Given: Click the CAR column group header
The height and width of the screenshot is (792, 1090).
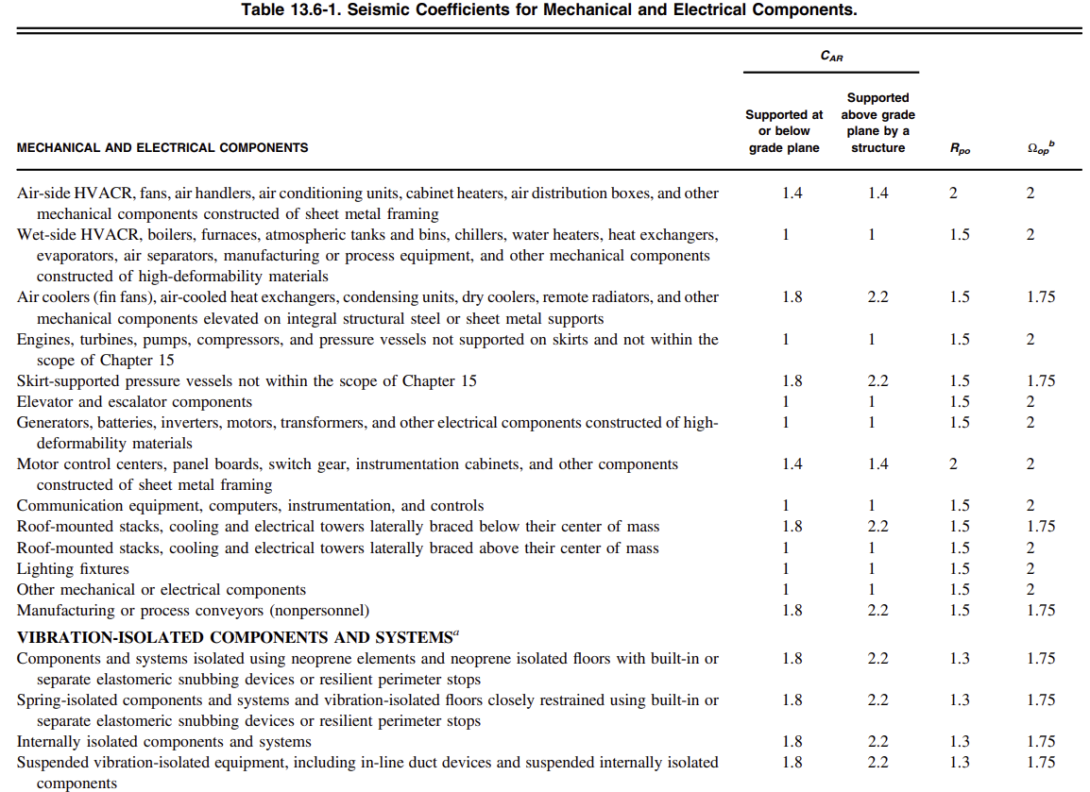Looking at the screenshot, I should coord(831,57).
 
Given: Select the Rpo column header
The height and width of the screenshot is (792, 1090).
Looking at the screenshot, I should coord(959,148).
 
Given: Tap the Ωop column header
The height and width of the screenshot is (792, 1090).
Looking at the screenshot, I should coord(1040,147).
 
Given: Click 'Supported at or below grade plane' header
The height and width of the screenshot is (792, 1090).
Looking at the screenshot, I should coord(784,131).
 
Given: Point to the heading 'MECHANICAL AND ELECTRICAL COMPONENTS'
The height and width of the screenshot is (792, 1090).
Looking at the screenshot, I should coord(162,147).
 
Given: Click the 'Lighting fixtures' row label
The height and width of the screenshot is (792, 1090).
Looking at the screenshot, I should coord(73,569).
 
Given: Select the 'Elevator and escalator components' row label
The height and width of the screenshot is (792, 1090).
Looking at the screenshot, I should coord(134,402).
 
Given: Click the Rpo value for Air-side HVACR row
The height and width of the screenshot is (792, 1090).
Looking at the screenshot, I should coord(953,194).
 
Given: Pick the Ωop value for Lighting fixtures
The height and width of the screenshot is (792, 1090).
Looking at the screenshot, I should coord(1030,569).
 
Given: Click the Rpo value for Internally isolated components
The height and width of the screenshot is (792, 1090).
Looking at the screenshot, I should coord(960,742).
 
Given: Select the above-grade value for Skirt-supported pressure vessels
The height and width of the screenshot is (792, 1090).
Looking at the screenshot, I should coord(878,381).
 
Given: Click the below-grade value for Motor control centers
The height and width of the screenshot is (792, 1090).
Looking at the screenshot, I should coord(792,464).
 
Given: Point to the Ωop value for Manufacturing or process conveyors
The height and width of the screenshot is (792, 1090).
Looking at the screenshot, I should coord(1041,611).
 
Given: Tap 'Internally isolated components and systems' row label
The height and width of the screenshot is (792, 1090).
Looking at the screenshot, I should coord(164,742).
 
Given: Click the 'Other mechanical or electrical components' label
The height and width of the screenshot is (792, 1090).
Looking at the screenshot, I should coord(162,590).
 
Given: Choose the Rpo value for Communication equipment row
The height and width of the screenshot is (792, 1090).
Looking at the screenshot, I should coord(960,506).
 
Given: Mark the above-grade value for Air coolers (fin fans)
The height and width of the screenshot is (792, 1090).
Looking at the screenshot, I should coord(878,297).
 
